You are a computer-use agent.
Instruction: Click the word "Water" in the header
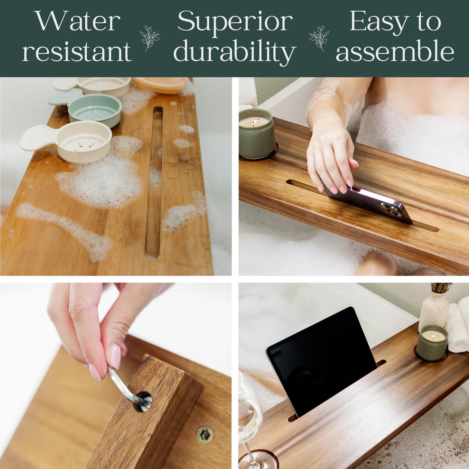(x=78, y=21)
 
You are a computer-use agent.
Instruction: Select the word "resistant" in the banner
(x=77, y=51)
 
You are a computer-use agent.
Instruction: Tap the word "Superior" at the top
(x=235, y=21)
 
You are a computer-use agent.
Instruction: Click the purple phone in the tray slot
(x=370, y=203)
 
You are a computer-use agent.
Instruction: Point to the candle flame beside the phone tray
(x=253, y=123)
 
